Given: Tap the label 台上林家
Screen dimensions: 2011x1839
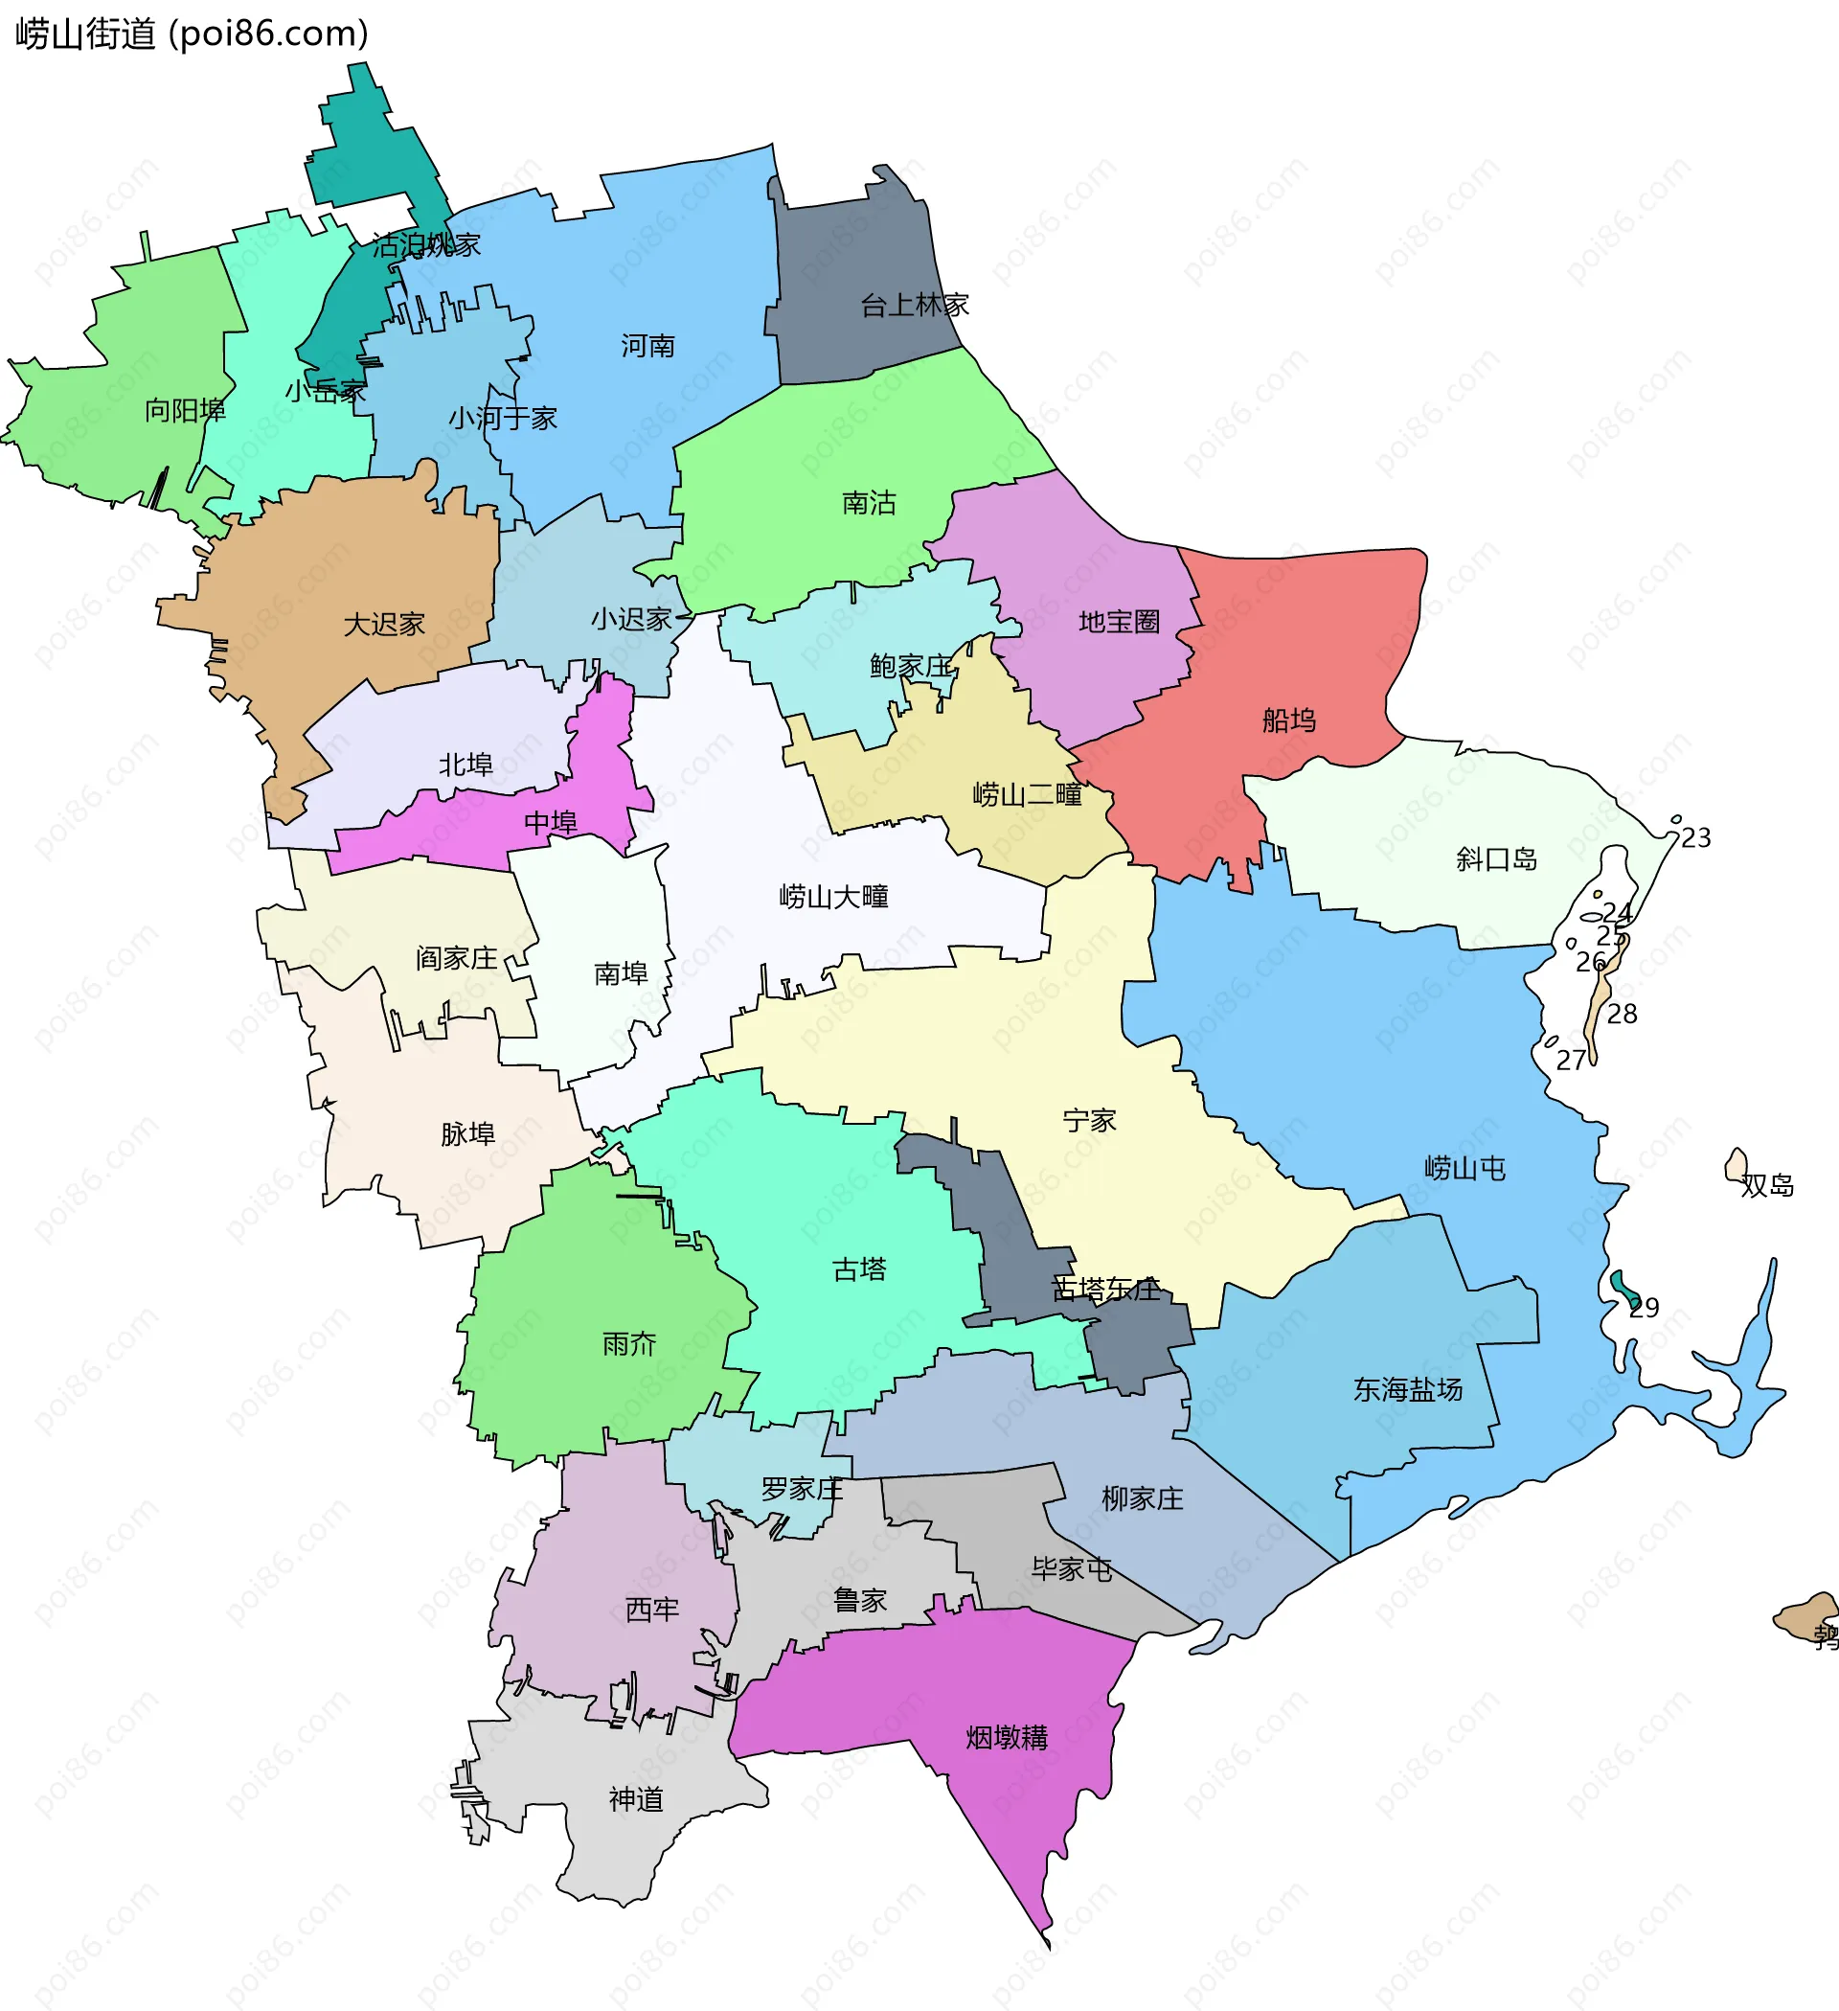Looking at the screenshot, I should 915,306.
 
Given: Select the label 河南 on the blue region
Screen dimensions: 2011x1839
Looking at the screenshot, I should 647,346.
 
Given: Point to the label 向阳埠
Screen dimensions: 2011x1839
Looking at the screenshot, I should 185,410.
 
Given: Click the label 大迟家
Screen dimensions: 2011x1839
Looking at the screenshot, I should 384,625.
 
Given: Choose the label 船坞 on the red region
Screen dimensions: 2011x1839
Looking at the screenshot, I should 1288,720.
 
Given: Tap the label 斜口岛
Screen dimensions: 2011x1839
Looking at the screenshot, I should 1496,858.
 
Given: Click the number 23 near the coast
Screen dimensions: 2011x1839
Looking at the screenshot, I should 1695,838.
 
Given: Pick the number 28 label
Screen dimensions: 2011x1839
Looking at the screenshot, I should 1622,1015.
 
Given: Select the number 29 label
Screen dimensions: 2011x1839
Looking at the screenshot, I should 1644,1308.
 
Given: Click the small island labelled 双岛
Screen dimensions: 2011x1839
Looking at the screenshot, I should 1737,1165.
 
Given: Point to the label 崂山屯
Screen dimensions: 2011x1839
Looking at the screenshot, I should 1464,1168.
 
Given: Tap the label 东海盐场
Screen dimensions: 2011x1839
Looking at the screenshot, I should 1407,1389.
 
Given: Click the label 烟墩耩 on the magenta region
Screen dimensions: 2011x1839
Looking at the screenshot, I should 1007,1738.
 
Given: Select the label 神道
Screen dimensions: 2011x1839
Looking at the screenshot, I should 635,1799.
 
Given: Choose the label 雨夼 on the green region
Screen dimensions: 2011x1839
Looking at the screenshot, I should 629,1344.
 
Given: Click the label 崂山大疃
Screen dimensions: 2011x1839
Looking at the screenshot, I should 832,897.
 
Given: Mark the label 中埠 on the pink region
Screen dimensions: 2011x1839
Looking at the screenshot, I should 551,823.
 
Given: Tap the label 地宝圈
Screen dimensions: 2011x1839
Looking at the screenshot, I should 1119,623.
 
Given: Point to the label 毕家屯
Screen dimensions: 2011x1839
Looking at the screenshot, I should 1071,1569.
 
